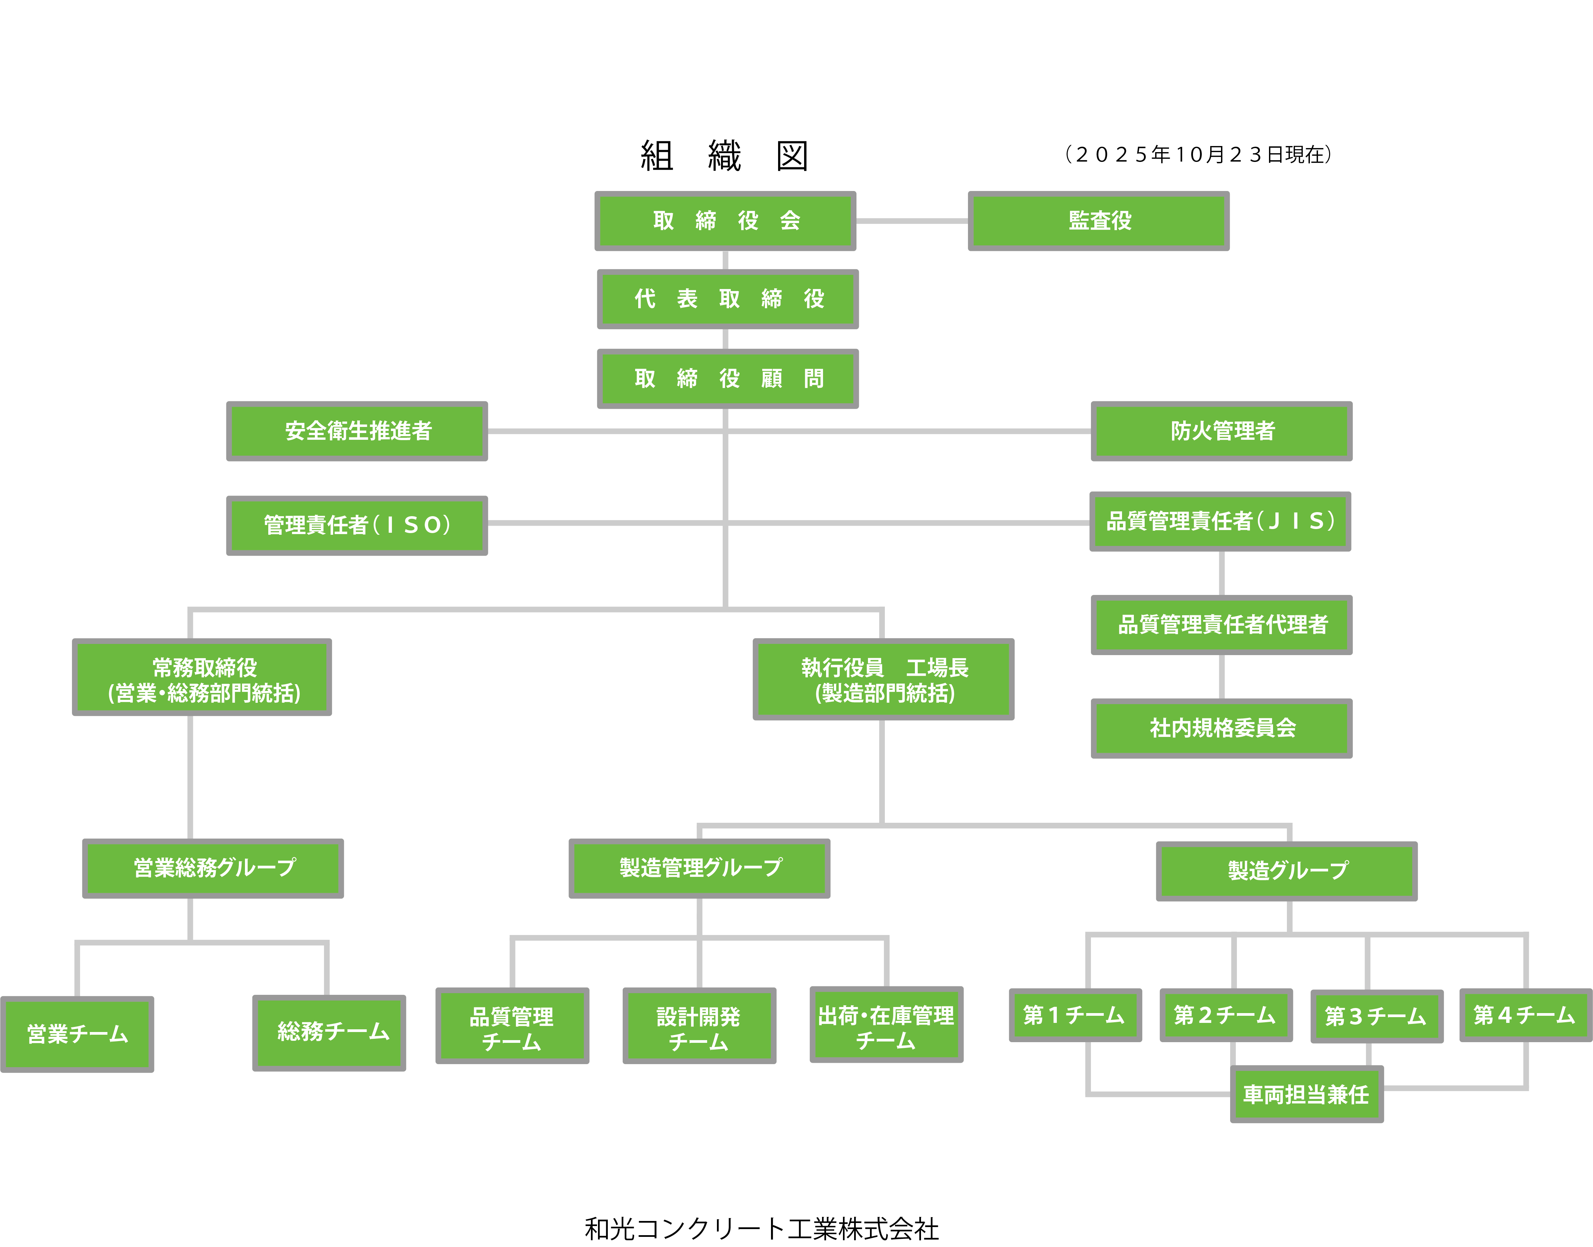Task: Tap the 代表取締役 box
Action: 727,298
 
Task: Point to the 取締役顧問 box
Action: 727,378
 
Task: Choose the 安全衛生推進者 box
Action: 357,431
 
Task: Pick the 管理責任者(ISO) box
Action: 357,525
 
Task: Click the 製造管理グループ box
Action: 699,868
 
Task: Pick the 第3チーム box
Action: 1376,1016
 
